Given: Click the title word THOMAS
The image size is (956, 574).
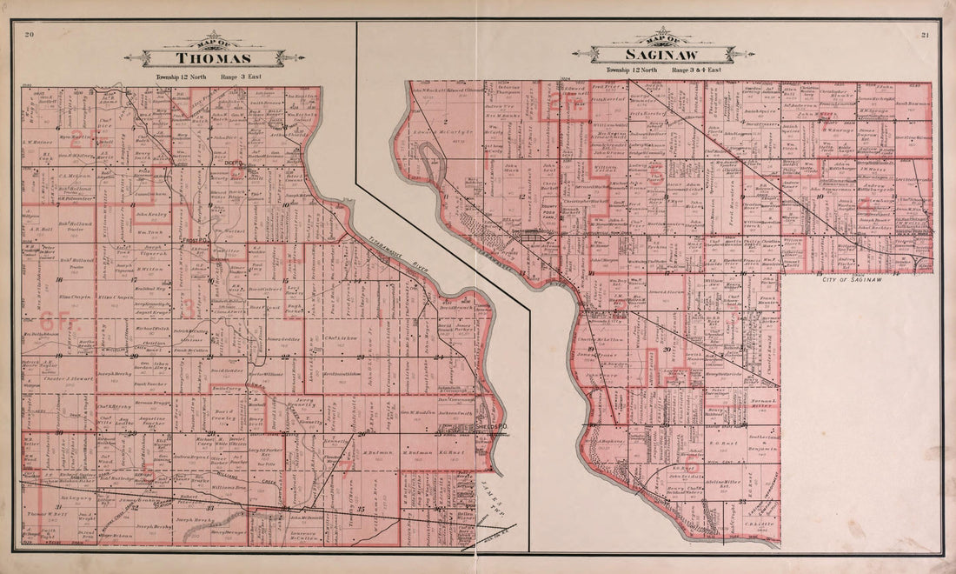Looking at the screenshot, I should (215, 58).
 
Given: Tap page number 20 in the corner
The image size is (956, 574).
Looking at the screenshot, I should (30, 35).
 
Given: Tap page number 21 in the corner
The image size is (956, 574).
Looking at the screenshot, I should (925, 35).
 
